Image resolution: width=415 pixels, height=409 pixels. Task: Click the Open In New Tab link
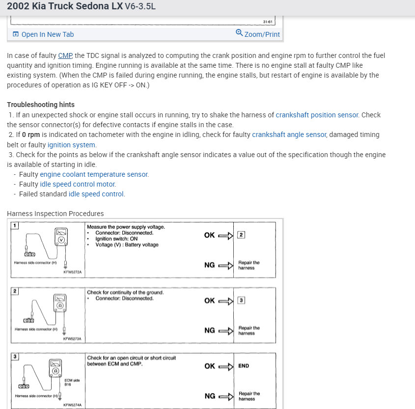pos(47,34)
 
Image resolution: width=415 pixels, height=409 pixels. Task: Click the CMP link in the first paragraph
pos(65,55)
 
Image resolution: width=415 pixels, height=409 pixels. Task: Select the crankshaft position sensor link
pos(317,115)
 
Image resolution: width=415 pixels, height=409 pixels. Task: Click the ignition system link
pos(72,145)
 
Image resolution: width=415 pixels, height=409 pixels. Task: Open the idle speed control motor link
pos(78,184)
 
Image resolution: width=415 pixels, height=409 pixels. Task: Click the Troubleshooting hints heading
pos(41,105)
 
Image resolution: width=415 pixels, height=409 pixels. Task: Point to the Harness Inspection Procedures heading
pos(55,214)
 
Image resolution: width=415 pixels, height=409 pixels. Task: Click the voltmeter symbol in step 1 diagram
pos(61,240)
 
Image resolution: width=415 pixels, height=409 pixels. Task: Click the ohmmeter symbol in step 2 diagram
pos(60,305)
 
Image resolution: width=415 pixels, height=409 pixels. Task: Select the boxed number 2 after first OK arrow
pos(241,235)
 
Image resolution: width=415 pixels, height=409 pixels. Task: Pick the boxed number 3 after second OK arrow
pos(241,300)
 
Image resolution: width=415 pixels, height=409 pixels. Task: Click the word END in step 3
pos(244,366)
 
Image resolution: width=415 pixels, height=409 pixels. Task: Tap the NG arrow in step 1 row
pos(225,266)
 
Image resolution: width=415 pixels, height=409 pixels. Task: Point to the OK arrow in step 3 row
pos(225,366)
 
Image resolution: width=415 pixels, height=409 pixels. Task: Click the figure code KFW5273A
pos(72,339)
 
